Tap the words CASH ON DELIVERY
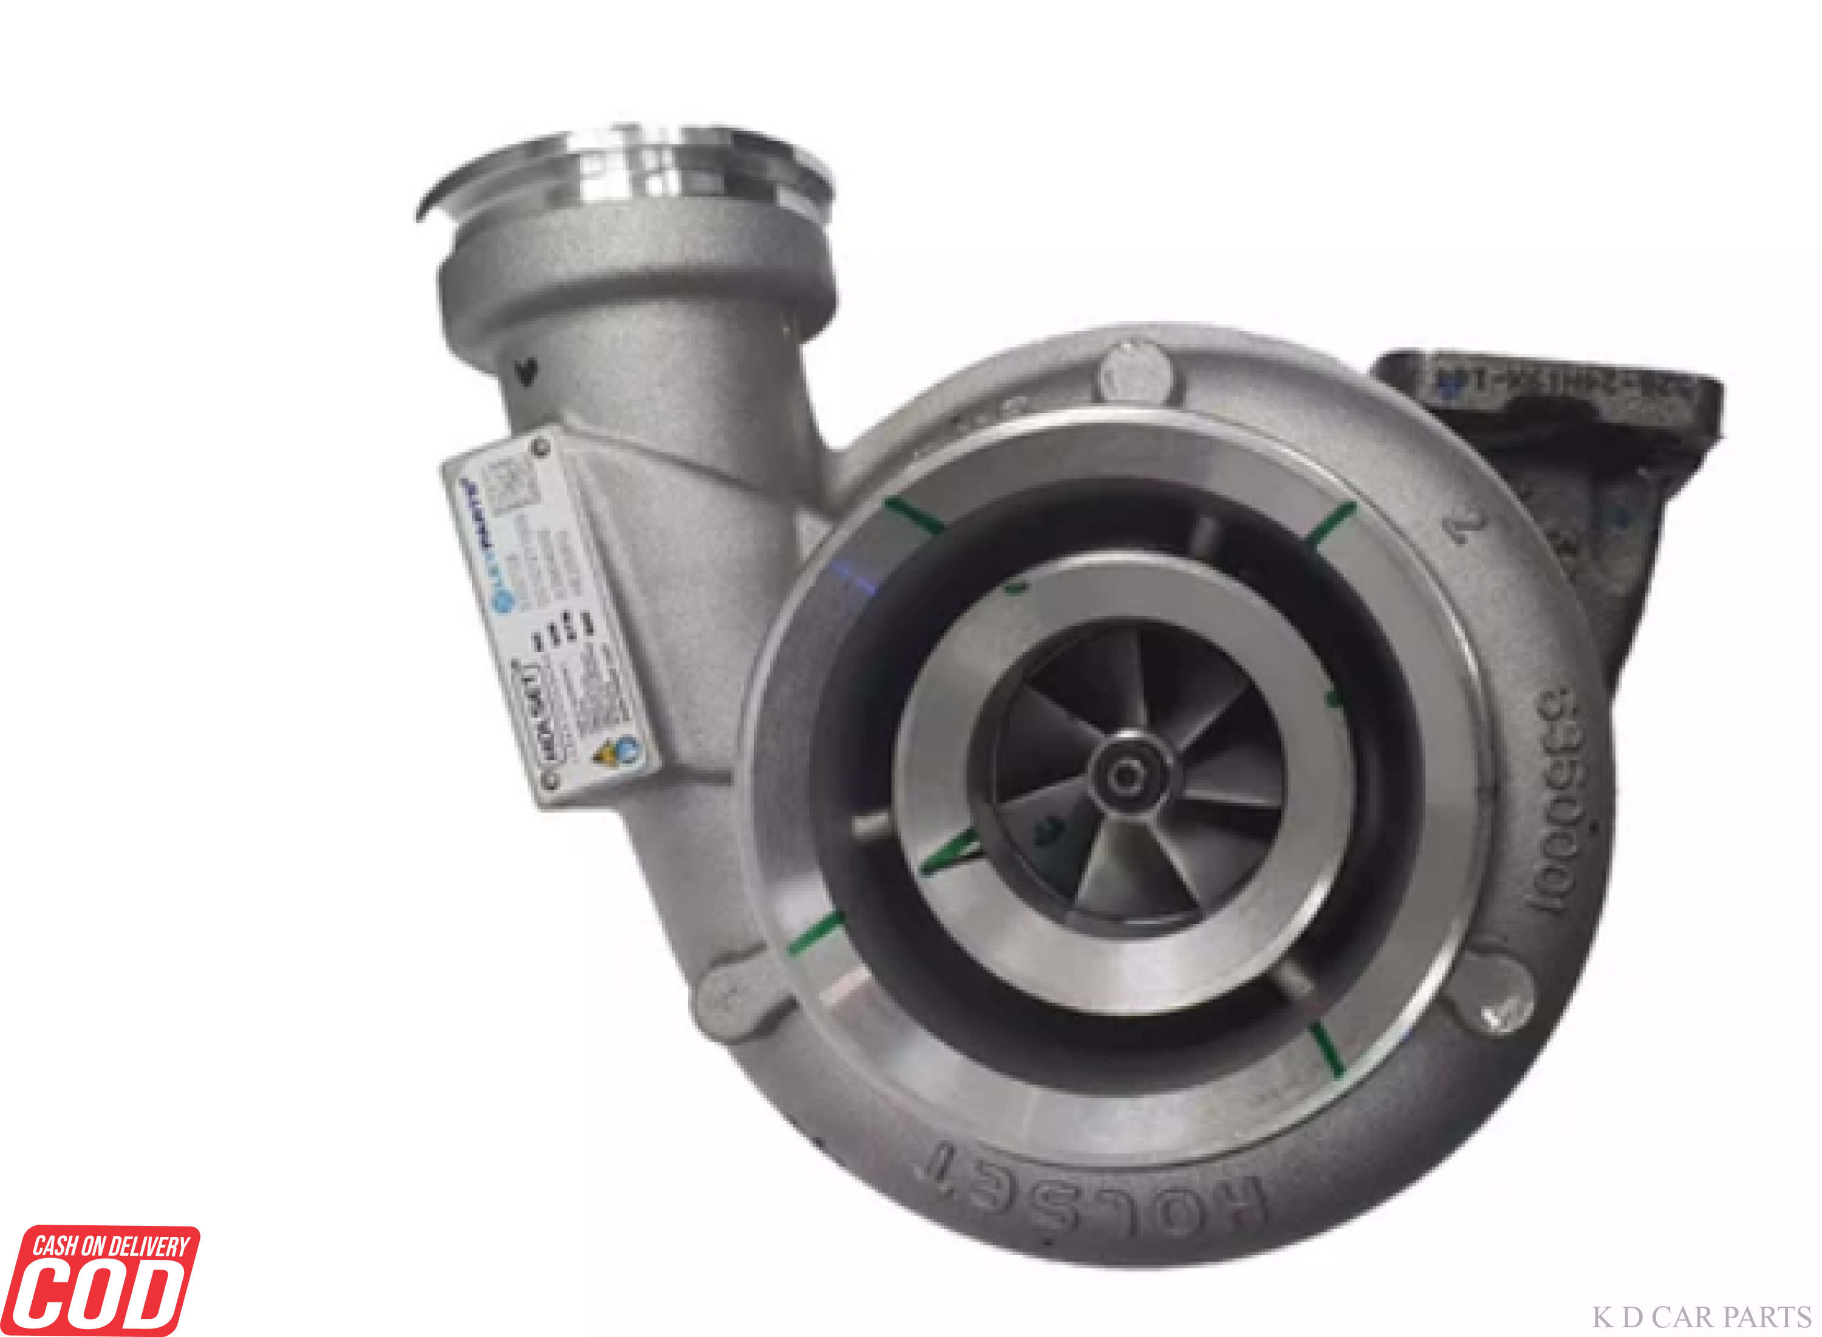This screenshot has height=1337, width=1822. point(111,1245)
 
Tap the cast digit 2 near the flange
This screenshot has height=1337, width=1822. point(1466,527)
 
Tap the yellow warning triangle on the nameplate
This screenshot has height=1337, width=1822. point(605,754)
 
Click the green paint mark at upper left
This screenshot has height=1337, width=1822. point(914,516)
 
